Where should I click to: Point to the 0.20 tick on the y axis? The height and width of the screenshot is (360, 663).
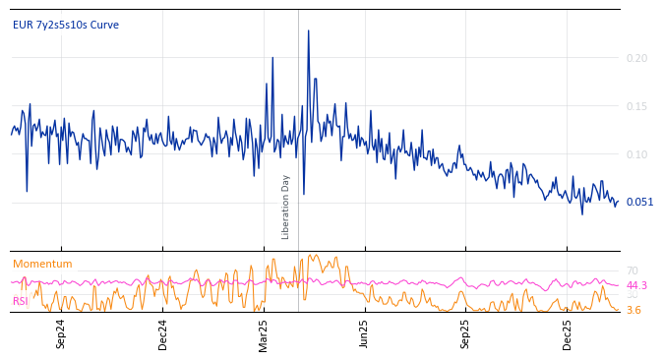tap(637, 58)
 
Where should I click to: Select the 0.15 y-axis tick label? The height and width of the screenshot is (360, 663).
tap(637, 106)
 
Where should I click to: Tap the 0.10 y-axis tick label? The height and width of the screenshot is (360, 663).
tap(637, 154)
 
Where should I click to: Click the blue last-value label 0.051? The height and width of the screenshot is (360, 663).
tap(639, 202)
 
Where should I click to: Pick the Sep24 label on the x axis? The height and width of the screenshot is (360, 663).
tap(61, 333)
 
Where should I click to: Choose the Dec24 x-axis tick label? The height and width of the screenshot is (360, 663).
tap(163, 333)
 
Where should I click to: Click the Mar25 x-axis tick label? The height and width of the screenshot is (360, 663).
tap(264, 333)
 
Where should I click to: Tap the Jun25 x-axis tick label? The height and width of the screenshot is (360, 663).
tap(365, 333)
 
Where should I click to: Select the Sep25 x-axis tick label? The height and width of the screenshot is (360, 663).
tap(466, 333)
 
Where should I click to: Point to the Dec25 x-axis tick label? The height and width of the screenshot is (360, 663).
tap(568, 333)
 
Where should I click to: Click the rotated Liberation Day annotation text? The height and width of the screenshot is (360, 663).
tap(286, 207)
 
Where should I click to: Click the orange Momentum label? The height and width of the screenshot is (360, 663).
tap(42, 264)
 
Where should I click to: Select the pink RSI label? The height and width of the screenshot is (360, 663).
tap(21, 301)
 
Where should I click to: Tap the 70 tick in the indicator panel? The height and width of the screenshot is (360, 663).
tap(633, 270)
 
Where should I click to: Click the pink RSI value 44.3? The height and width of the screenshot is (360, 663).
tap(636, 285)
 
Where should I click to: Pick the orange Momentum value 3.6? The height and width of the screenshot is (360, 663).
tap(633, 310)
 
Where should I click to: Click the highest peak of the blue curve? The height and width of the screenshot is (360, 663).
tap(308, 30)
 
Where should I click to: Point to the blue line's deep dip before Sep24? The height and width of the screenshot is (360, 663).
tap(27, 191)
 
